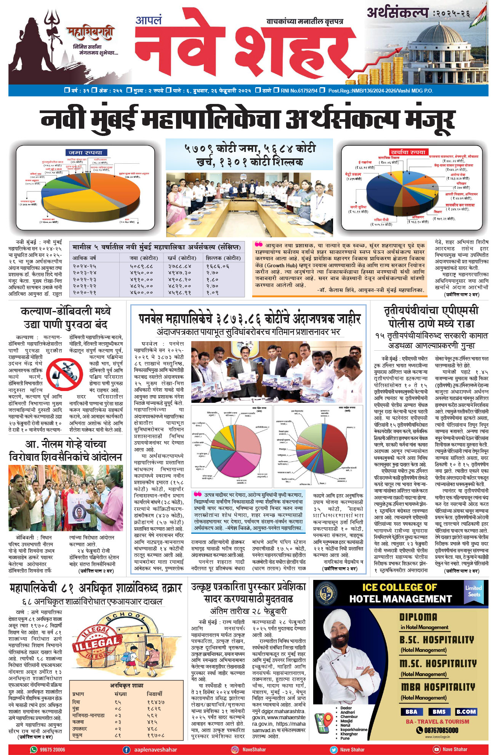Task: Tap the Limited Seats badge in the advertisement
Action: (x=474, y=591)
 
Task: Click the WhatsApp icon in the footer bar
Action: (x=34, y=749)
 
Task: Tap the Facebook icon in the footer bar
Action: (x=127, y=749)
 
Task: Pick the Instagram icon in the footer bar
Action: (x=235, y=749)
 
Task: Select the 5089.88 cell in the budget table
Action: (x=141, y=267)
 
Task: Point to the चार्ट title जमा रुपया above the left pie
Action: (x=85, y=153)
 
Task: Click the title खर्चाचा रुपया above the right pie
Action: (x=407, y=152)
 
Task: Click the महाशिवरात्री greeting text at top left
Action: (x=90, y=34)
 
